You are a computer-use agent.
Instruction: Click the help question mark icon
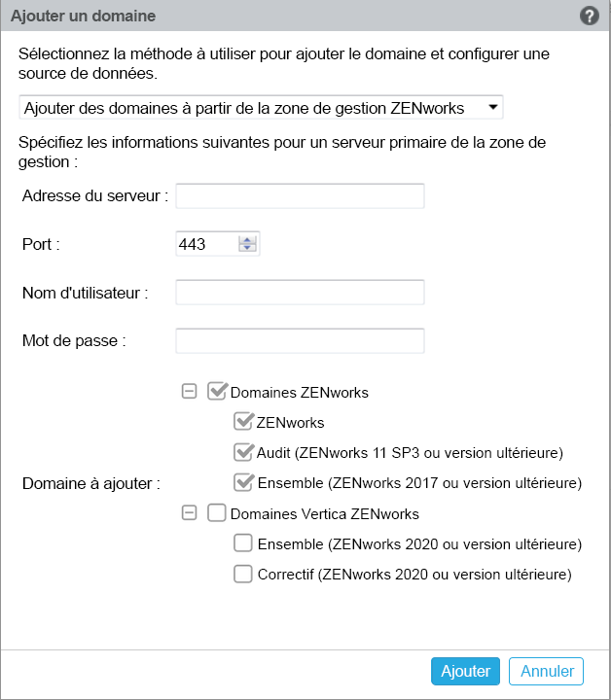coord(589,16)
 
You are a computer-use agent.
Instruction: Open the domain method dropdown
coord(261,107)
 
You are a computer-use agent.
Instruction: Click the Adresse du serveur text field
coord(300,195)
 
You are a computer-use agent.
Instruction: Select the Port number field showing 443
coord(205,244)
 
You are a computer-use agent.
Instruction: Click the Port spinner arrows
coord(247,244)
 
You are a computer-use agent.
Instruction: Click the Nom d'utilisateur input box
coord(300,293)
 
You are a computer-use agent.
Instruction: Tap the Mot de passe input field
coord(300,341)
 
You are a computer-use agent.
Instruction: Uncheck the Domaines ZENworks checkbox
coord(217,392)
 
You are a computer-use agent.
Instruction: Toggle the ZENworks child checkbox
coord(243,422)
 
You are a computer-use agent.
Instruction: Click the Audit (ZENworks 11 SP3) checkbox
coord(243,452)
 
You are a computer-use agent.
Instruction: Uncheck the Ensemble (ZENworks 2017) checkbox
coord(243,482)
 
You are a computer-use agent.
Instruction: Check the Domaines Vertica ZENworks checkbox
coord(217,512)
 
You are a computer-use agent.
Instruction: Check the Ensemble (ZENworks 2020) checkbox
coord(243,542)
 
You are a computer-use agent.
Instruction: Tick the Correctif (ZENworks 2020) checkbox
coord(243,574)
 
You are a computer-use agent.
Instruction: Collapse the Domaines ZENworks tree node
coord(190,392)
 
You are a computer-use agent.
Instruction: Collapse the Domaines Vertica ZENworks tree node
coord(190,512)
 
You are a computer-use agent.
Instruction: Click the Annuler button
coord(546,671)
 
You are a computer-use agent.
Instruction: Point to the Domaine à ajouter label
coord(91,482)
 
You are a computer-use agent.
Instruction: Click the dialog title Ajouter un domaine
coord(83,17)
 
